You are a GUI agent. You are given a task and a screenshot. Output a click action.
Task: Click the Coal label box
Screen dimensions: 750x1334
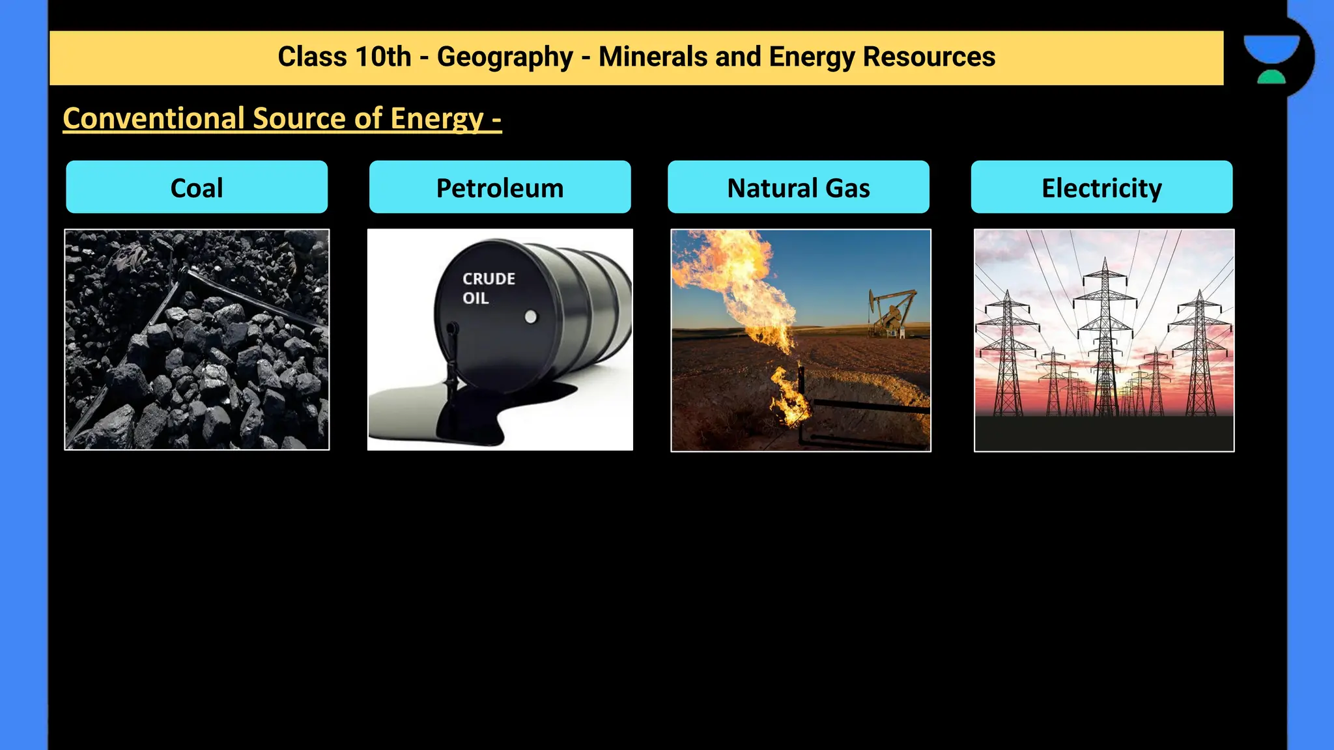197,187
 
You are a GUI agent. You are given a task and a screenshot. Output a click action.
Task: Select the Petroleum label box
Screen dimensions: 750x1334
500,187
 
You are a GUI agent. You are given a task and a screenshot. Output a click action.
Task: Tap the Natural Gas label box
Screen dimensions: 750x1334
799,187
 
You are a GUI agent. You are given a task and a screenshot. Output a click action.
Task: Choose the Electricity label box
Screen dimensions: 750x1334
1101,187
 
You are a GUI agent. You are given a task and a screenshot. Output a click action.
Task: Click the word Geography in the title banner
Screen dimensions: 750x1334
505,57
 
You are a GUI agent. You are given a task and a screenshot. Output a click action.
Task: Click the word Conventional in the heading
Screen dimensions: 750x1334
154,118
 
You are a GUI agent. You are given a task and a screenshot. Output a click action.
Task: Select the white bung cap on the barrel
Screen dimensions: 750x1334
531,317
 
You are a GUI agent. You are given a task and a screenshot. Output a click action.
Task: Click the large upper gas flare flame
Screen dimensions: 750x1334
743,280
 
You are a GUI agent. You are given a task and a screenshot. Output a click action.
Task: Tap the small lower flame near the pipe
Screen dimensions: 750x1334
789,397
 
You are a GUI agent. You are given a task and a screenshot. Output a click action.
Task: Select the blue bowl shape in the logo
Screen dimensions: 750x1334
1271,48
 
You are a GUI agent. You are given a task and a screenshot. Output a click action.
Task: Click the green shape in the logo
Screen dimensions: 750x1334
1271,77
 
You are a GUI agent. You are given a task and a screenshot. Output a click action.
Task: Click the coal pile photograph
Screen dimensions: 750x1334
197,339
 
